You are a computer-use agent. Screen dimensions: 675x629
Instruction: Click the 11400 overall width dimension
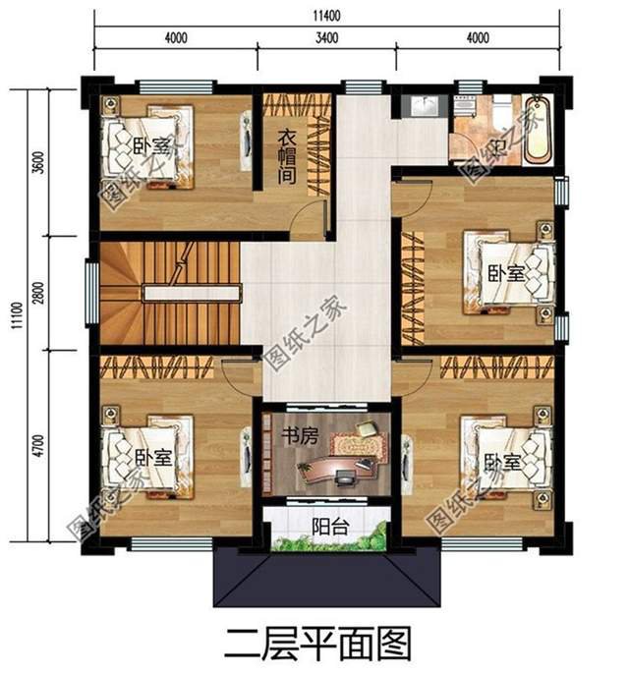(x=326, y=14)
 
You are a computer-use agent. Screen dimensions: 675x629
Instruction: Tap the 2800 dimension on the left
(x=38, y=292)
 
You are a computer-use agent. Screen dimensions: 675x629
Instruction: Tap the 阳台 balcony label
(x=326, y=525)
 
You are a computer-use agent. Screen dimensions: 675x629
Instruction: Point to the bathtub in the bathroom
(x=537, y=131)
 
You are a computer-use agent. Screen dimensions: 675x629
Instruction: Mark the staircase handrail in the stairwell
(x=192, y=293)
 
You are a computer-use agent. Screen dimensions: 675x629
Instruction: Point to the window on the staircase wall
(x=90, y=293)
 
